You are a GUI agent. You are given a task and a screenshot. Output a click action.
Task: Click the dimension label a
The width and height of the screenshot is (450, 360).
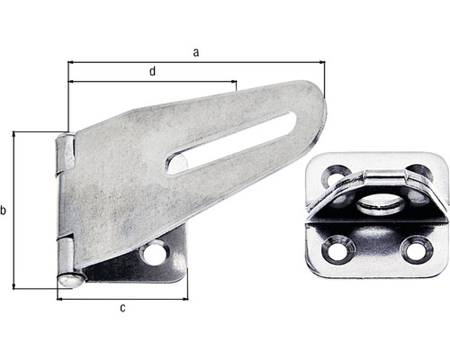[195, 52]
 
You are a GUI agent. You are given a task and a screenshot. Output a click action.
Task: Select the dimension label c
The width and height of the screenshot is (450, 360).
[123, 309]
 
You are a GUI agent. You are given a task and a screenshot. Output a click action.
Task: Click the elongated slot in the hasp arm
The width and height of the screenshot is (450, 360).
[231, 142]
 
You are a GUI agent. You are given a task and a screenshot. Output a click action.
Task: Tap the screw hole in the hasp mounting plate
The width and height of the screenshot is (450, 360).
[154, 254]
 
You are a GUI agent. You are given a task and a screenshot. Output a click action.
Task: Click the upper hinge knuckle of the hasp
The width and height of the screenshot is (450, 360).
[64, 155]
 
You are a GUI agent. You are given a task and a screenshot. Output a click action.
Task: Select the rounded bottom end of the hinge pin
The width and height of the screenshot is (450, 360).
[67, 281]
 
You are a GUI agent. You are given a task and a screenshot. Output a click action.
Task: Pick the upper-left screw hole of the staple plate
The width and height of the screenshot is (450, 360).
[337, 176]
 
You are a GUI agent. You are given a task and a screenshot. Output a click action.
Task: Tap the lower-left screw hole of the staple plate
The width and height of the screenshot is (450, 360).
[337, 249]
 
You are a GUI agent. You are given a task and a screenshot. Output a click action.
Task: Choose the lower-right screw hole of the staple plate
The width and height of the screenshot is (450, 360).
[416, 248]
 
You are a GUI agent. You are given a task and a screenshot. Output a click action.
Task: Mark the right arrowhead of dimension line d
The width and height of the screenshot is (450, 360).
[235, 82]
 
